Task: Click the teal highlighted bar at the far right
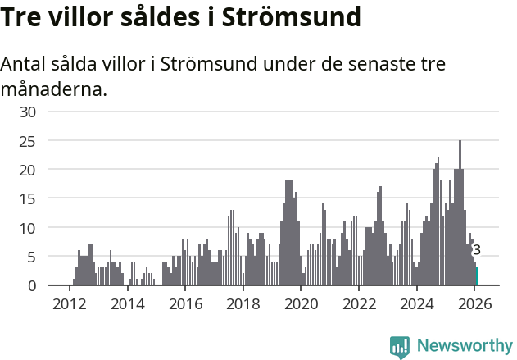[477, 276]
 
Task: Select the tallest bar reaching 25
[460, 213]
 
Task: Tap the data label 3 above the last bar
[477, 250]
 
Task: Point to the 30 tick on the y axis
[29, 112]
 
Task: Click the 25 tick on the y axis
[29, 141]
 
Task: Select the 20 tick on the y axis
[29, 170]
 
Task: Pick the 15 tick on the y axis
[29, 198]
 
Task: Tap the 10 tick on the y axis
[29, 228]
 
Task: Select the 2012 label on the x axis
[69, 304]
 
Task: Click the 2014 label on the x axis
[127, 304]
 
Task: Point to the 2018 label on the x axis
[243, 304]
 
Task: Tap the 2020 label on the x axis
[301, 304]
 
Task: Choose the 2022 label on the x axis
[359, 304]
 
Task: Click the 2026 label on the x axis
[474, 304]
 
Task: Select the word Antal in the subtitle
[25, 65]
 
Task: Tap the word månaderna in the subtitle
[54, 89]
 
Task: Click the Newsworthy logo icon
[400, 347]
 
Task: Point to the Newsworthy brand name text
[464, 346]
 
